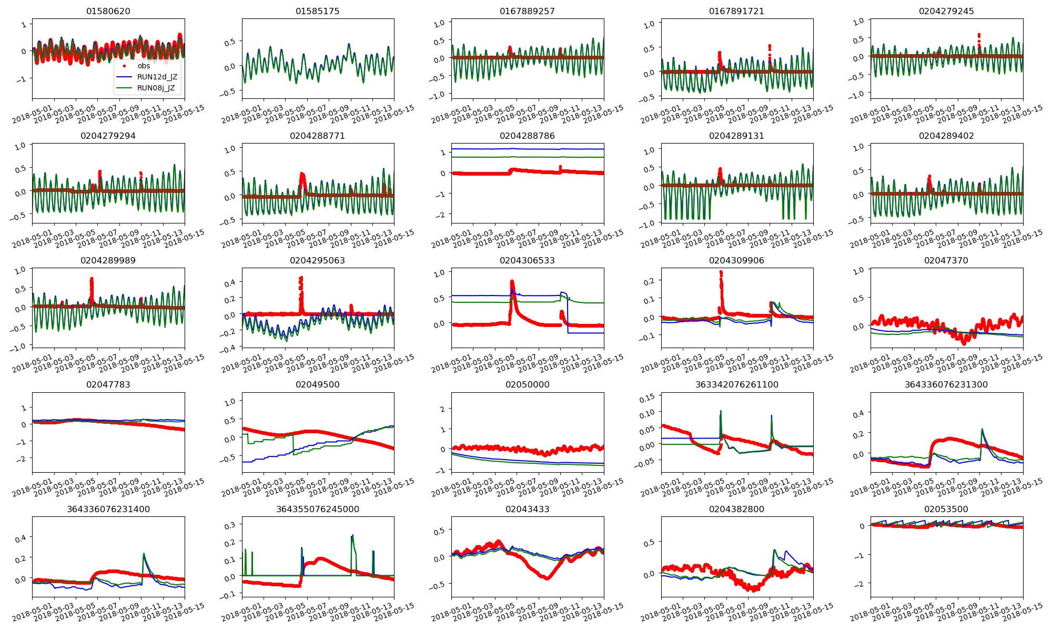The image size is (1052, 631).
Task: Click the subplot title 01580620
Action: pos(108,11)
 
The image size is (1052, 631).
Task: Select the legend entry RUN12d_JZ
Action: pos(157,77)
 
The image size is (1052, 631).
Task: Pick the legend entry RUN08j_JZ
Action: pos(156,88)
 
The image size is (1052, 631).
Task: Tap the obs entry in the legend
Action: pos(144,66)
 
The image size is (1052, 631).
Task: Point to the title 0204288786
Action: pos(527,136)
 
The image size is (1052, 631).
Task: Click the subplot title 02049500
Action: pos(318,384)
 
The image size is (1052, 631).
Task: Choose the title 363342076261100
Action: pos(736,384)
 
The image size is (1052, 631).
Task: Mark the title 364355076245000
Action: pos(318,509)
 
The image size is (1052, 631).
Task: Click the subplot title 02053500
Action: pos(946,509)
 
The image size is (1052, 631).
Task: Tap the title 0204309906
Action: pos(736,260)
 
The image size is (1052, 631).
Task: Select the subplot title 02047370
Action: pos(946,260)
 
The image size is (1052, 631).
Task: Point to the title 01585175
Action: pos(318,11)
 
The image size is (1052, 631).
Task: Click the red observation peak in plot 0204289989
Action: pos(92,279)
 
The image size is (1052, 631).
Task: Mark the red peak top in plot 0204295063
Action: pos(301,278)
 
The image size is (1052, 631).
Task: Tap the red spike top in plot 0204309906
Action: pos(721,272)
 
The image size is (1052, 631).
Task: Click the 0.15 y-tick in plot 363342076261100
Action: pos(647,399)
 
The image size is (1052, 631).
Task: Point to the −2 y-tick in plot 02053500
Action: pos(861,584)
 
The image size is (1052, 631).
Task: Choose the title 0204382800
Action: pos(736,509)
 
